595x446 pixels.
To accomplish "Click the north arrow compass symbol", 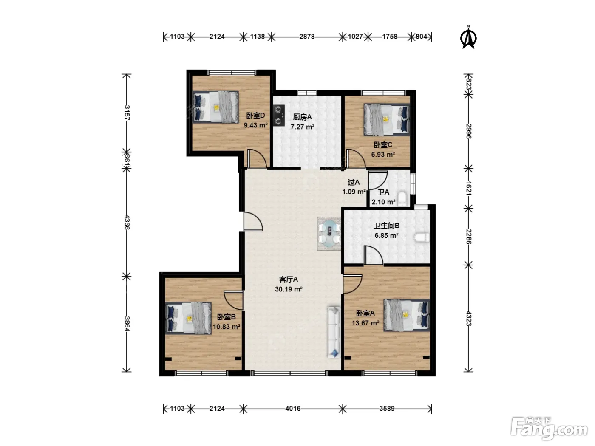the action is [x=468, y=37].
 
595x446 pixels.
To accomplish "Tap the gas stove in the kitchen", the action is [x=279, y=116].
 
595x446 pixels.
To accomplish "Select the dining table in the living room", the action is [x=329, y=234].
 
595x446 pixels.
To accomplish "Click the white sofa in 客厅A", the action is [x=334, y=332].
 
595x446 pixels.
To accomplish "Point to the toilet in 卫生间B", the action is [x=422, y=238].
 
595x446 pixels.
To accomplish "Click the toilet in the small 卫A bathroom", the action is [x=402, y=199].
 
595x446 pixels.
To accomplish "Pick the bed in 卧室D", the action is [x=215, y=107].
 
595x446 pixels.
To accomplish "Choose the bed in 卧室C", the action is [x=387, y=119].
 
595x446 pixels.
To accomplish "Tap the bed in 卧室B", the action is [x=188, y=318].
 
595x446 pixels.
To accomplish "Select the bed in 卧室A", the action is [x=407, y=315].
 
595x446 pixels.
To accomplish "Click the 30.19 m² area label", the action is [x=289, y=289].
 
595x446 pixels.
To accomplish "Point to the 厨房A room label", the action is [x=303, y=117].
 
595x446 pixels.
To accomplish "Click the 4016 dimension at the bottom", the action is [x=293, y=408].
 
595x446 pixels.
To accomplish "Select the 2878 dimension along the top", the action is [x=307, y=37].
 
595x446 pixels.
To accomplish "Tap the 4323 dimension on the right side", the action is [x=469, y=319].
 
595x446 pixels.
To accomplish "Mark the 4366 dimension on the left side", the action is [x=127, y=222].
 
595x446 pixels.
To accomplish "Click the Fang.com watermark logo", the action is [x=549, y=429].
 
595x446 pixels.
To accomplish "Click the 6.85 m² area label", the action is [x=387, y=236].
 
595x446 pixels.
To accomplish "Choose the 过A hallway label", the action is [x=354, y=182].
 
